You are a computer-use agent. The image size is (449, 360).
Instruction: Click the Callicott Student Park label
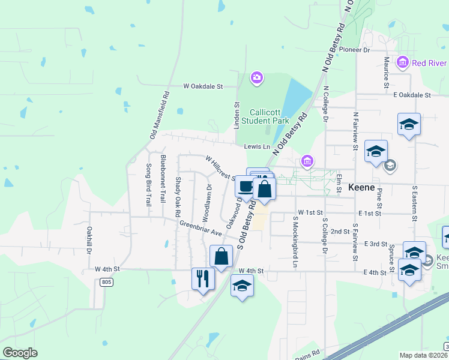pos(261,116)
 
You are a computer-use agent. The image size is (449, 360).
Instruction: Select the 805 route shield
pos(107,282)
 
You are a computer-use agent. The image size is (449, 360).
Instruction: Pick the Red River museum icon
pos(402,62)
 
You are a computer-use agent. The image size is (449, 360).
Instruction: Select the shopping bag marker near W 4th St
pos(221,256)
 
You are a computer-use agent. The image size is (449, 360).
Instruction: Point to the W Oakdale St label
pos(203,86)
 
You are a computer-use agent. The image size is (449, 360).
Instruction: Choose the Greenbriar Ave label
pos(200,228)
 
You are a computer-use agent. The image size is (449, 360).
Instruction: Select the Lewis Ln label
pos(258,146)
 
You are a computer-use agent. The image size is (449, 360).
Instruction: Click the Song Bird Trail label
pos(148,185)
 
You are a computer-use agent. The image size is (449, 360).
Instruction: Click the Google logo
pos(20,353)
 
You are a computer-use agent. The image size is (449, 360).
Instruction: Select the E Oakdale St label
pos(412,95)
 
